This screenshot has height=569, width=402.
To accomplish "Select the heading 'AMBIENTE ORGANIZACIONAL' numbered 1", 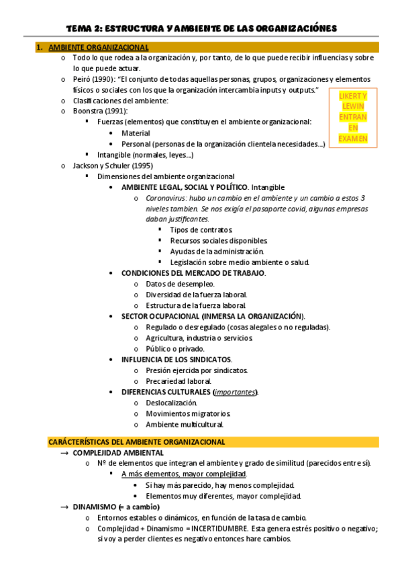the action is click(99, 48).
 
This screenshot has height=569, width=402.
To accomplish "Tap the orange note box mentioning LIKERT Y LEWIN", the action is click(352, 117).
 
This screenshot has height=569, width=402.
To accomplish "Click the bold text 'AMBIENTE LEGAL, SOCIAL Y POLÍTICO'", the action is click(185, 187).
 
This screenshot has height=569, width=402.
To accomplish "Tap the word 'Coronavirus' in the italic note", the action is click(167, 198).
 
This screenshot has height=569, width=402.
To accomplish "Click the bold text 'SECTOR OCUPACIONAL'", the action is click(159, 316).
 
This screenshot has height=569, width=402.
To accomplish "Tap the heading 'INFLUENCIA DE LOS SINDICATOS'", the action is click(176, 360).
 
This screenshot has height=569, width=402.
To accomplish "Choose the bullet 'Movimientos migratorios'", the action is click(188, 413).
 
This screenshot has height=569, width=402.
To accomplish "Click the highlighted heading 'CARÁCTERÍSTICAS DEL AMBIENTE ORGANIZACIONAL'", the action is click(136, 442).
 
